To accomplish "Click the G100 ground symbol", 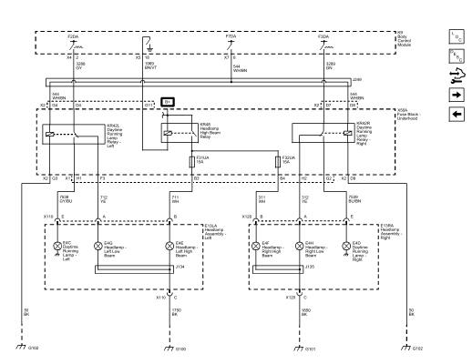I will pyautogui.click(x=169, y=345).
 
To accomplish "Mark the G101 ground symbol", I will pyautogui.click(x=304, y=345).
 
